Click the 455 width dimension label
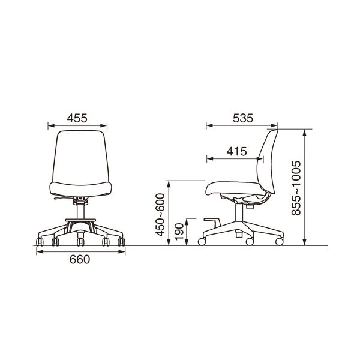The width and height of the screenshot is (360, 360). point(77,118)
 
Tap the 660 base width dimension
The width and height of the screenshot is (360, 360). point(80,259)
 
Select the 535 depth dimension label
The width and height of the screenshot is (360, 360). point(243,118)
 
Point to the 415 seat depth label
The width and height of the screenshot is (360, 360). point(237,152)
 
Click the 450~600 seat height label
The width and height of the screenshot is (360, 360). point(160,215)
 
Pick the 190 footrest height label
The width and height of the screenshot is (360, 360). point(179,232)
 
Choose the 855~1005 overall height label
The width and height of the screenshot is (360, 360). point(296,188)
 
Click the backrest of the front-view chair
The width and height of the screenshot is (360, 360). point(80,157)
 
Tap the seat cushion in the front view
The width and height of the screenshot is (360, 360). point(80,190)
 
